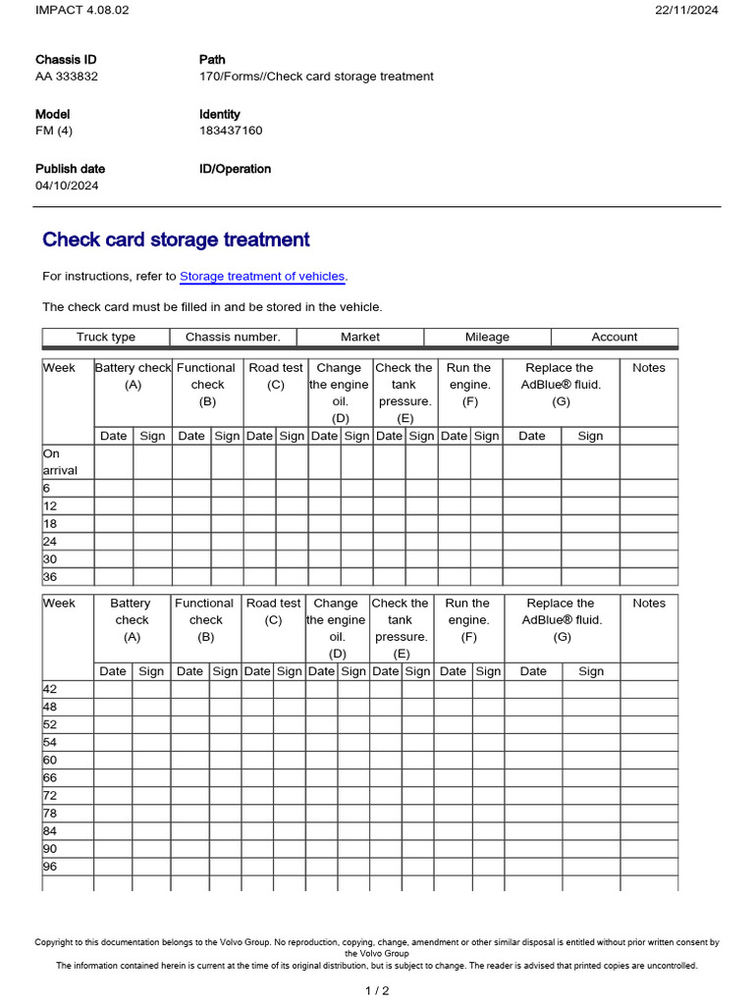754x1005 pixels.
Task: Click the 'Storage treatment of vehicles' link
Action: click(262, 277)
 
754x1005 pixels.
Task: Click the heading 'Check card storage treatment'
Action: click(176, 239)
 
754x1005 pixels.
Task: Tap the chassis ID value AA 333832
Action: click(67, 77)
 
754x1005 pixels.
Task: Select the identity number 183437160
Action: click(231, 132)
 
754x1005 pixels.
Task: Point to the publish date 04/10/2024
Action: click(67, 186)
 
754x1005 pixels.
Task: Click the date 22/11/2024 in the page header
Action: click(685, 11)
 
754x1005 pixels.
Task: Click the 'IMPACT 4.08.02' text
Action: click(81, 11)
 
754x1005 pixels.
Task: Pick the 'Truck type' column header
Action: click(106, 337)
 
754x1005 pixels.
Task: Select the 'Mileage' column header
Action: click(487, 337)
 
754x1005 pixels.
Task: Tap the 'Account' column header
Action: click(615, 337)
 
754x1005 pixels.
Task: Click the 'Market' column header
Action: click(360, 337)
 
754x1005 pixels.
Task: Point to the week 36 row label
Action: click(50, 577)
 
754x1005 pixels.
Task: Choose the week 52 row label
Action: click(50, 725)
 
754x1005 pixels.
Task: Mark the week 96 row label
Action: click(50, 867)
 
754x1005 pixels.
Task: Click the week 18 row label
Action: click(50, 524)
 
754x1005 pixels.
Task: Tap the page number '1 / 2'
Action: click(377, 990)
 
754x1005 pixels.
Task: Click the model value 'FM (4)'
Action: click(54, 132)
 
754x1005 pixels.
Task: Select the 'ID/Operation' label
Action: click(235, 169)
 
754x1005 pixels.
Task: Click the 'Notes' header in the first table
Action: click(649, 368)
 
